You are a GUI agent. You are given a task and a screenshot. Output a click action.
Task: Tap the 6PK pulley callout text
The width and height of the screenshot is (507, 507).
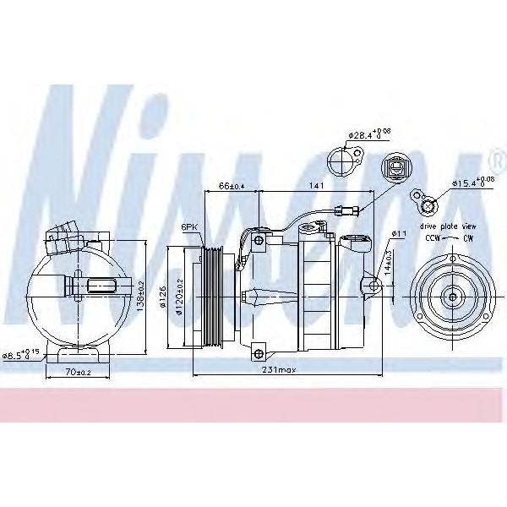[189, 226]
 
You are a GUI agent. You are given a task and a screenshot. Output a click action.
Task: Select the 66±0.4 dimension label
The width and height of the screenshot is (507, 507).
[231, 184]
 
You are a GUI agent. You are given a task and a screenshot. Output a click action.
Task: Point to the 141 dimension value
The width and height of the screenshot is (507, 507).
[318, 184]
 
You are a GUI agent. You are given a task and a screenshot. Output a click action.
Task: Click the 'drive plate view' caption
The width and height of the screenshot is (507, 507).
[447, 226]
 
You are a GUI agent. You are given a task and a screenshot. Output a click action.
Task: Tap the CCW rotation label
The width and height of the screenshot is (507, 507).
[431, 239]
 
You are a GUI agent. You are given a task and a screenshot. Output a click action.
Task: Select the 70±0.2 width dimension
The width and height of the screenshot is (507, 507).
[78, 371]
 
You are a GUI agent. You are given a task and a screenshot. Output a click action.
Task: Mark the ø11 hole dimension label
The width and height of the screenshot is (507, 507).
[401, 233]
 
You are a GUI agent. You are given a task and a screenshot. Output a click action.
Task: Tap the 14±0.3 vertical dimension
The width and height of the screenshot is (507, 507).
[389, 264]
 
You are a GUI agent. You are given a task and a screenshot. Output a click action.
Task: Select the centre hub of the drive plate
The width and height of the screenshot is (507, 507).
[450, 297]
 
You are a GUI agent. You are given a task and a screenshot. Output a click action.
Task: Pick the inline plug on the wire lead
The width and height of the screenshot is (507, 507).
[346, 212]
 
